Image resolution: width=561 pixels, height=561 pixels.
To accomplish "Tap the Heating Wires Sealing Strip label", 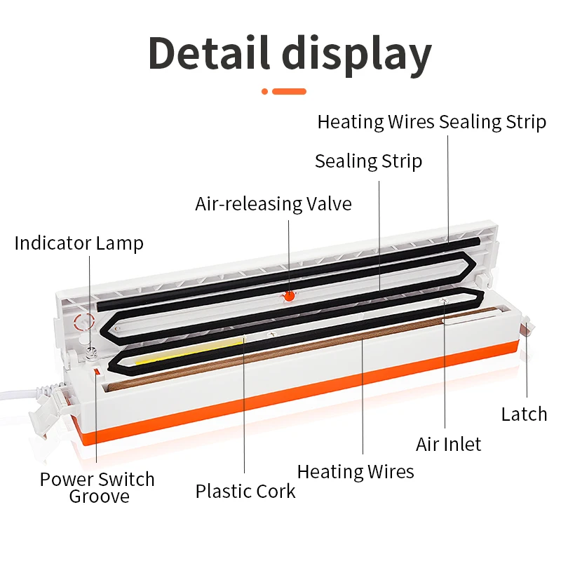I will (431, 122).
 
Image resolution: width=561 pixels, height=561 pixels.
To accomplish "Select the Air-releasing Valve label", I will (273, 204).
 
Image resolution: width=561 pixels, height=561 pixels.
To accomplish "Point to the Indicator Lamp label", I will (79, 244).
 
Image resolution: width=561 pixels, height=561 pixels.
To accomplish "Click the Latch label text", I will (524, 414).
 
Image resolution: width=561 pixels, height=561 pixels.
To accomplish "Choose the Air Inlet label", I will (449, 444).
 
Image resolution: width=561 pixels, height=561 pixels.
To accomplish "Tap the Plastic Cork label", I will (245, 491).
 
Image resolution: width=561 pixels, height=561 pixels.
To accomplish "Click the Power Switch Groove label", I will (97, 488).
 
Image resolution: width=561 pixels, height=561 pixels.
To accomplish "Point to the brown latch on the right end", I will (525, 327).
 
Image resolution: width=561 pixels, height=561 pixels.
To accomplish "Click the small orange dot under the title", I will (265, 91).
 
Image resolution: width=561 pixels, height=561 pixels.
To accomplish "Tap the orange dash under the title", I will (289, 91).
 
